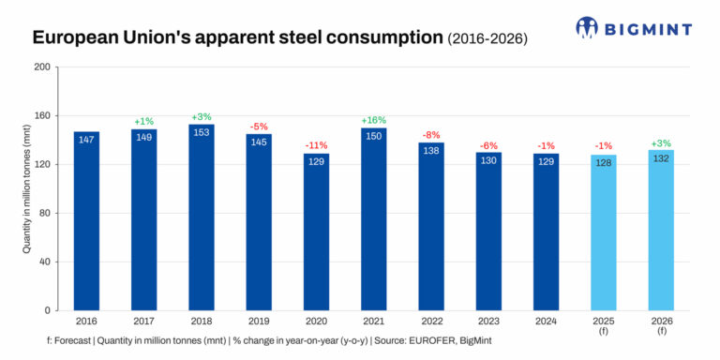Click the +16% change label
tap(373, 120)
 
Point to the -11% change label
tap(316, 145)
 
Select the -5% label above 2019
tap(259, 126)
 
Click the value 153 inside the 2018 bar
tap(202, 132)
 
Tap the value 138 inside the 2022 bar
tap(431, 150)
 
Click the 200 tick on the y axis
tap(42, 67)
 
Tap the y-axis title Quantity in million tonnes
tap(26, 188)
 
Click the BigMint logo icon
tap(587, 27)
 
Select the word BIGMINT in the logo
tap(648, 28)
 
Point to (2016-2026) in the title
tap(487, 39)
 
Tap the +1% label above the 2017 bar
tap(143, 121)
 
